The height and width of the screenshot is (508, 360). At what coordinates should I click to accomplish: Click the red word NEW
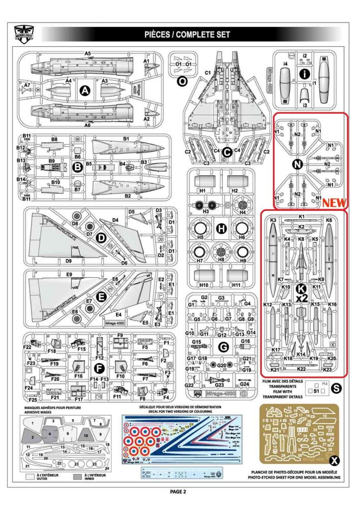[334, 203]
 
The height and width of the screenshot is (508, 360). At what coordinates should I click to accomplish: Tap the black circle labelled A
[85, 91]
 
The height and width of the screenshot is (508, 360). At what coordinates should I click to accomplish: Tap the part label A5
[87, 53]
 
